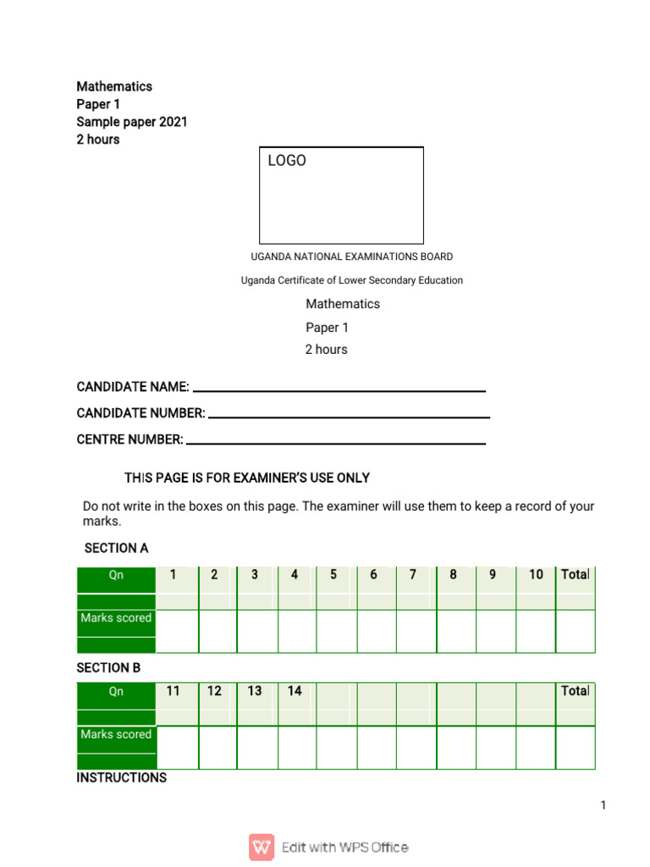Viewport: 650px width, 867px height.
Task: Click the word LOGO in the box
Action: (x=287, y=161)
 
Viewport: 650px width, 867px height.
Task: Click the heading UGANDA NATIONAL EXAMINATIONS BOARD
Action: (x=351, y=257)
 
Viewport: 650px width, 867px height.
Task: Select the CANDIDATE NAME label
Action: (x=133, y=387)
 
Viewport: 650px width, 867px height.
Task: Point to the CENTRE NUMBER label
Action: (x=129, y=439)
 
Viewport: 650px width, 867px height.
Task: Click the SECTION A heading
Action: (x=116, y=549)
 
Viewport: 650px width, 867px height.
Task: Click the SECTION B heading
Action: (x=108, y=668)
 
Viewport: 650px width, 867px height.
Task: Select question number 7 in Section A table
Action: (x=413, y=575)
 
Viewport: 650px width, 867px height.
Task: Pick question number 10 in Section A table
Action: (x=536, y=575)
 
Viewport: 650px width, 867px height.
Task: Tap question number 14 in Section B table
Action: (x=295, y=691)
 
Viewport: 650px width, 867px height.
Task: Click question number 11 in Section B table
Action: (x=174, y=691)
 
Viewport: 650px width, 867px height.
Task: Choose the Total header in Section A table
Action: (x=575, y=575)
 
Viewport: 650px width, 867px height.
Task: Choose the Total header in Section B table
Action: (x=575, y=691)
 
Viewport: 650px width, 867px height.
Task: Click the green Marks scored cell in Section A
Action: (x=116, y=618)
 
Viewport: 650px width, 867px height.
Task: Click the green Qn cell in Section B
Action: (x=116, y=692)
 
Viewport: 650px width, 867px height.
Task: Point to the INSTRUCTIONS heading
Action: (x=121, y=777)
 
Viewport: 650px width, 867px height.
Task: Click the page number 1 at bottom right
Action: (x=603, y=805)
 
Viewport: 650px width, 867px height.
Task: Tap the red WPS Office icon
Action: (x=262, y=847)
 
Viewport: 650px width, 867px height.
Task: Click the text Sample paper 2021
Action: (x=132, y=122)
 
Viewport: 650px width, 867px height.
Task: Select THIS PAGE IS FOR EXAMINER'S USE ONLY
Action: (x=247, y=478)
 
